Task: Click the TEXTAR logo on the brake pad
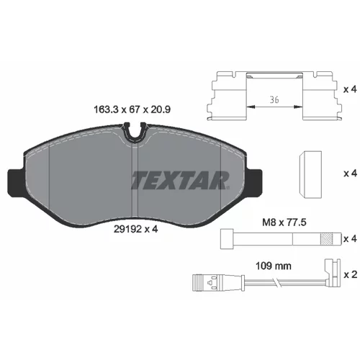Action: pyautogui.click(x=180, y=180)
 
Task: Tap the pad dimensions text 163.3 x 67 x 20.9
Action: pyautogui.click(x=132, y=109)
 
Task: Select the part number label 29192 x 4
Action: pyautogui.click(x=135, y=229)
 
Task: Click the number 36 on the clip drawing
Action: pyautogui.click(x=274, y=99)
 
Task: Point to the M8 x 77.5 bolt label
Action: pyautogui.click(x=284, y=222)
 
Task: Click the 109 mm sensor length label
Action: pyautogui.click(x=274, y=266)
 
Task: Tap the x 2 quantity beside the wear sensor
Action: pyautogui.click(x=351, y=274)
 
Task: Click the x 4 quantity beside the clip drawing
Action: pyautogui.click(x=351, y=89)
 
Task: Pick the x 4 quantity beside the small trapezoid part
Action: pyautogui.click(x=351, y=173)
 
